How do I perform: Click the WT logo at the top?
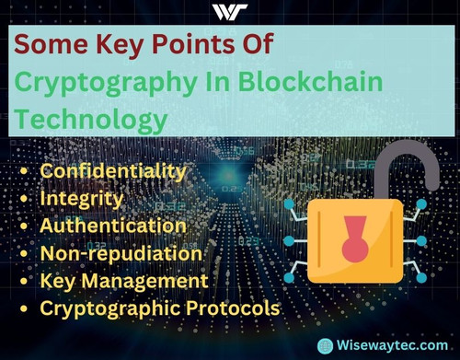(x=230, y=12)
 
